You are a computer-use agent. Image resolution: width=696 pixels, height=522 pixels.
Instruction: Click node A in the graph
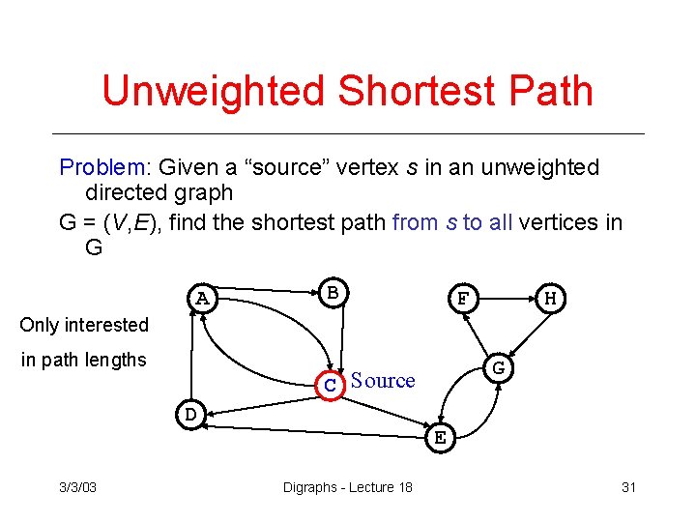(202, 298)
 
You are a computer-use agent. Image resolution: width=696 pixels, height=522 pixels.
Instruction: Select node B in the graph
(332, 291)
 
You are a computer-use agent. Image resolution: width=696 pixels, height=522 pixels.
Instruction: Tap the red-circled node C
(331, 384)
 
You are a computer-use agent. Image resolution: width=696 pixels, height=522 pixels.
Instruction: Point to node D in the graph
(190, 415)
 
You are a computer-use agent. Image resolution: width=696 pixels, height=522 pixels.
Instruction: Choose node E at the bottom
(440, 437)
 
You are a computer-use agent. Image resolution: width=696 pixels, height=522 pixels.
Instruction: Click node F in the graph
(463, 299)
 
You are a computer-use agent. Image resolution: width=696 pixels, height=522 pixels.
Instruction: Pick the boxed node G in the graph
(498, 368)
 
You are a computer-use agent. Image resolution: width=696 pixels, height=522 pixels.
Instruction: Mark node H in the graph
(550, 299)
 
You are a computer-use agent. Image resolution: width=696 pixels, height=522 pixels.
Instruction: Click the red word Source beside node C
(383, 381)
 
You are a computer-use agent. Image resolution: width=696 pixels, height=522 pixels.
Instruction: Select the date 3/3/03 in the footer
(78, 486)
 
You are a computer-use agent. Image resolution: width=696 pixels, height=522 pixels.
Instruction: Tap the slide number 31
(628, 486)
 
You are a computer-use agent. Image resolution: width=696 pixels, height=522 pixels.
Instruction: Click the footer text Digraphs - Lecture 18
(347, 486)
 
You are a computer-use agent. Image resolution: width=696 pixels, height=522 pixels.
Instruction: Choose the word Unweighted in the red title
(212, 91)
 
